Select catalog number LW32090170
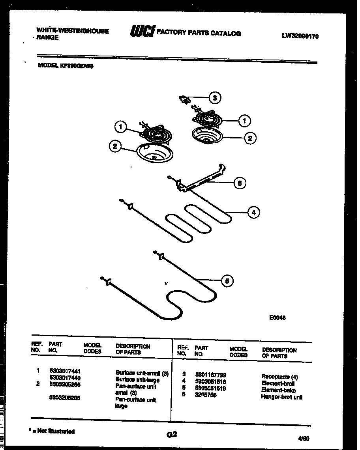(x=300, y=36)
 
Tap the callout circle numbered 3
(x=214, y=98)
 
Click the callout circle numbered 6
(x=239, y=183)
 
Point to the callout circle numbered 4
(x=253, y=212)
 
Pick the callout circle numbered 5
(x=227, y=281)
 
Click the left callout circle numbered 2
(x=114, y=146)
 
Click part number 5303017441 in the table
(x=65, y=371)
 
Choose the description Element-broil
(x=278, y=383)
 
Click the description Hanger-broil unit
(x=281, y=397)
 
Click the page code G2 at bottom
(x=171, y=435)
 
